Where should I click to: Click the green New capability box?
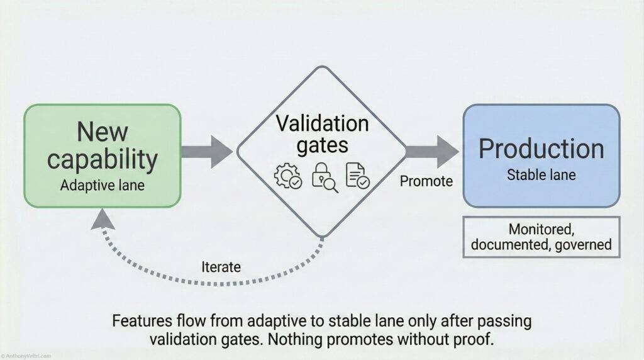coord(102,155)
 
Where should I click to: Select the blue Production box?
coord(541,155)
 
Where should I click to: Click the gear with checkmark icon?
coord(288,177)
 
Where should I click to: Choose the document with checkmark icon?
coord(358,177)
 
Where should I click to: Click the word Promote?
coord(426,182)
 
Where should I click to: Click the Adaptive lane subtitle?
coord(102,186)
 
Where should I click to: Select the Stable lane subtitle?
coord(541,174)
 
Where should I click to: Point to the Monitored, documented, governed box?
coord(541,236)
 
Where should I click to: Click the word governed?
coord(583,244)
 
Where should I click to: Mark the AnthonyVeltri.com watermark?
coord(27,356)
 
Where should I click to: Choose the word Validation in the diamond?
coord(322,123)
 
